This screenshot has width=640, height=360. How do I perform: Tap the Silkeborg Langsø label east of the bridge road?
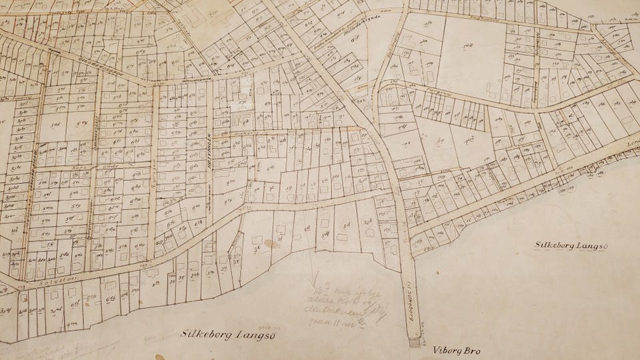coord(572,245)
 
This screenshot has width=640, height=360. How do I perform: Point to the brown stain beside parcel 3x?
coord(270,243)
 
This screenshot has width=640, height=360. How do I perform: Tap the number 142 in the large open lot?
coord(469,46)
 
